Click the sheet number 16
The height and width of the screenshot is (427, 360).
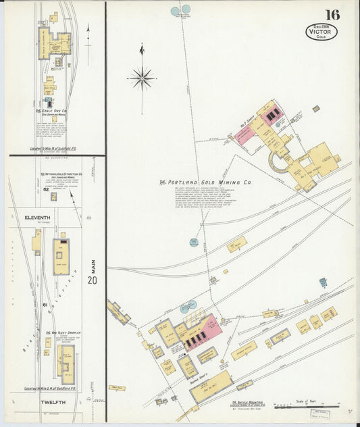[332, 14]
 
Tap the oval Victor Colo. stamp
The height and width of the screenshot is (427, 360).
[321, 31]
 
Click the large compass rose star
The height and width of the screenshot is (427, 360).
[142, 78]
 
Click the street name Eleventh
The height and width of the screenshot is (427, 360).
[38, 218]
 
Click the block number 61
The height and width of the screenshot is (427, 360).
[46, 305]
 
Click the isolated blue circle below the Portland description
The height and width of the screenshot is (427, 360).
[194, 242]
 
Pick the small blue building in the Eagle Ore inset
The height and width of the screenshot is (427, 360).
[49, 102]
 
